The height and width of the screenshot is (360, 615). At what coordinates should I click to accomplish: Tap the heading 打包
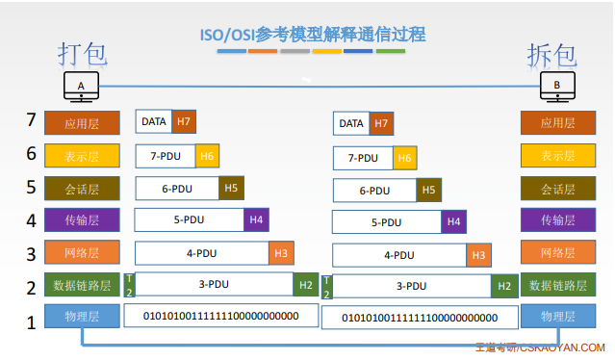pos(81,54)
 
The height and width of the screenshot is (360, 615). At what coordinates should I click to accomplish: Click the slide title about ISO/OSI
pos(309,35)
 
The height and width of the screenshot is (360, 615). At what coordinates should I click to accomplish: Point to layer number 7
pos(32,121)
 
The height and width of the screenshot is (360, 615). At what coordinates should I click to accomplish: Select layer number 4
pos(32,220)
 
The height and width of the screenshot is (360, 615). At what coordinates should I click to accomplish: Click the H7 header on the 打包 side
pos(185,121)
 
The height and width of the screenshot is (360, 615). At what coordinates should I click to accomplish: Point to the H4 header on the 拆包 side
pos(454,222)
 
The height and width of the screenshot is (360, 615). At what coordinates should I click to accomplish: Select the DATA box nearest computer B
pos(351,123)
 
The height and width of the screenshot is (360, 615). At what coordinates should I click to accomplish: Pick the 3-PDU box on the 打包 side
pos(214,284)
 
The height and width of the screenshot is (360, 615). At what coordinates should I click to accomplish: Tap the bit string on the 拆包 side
pos(420,318)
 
